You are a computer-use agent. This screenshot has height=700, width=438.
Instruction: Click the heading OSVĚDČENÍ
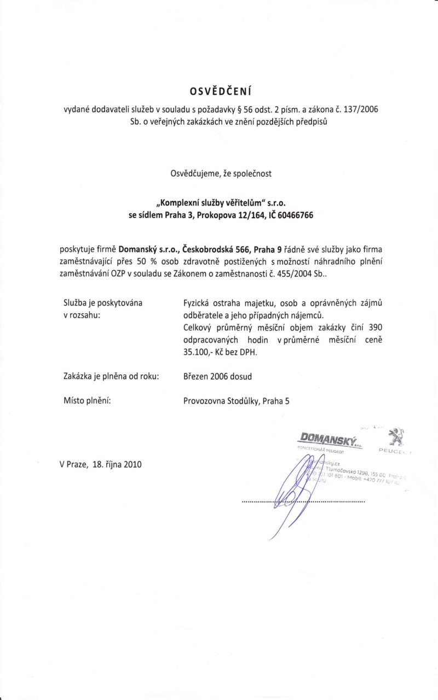(x=219, y=90)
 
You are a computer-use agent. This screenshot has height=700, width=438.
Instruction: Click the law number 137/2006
(x=359, y=109)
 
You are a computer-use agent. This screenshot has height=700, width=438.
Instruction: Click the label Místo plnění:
(x=88, y=401)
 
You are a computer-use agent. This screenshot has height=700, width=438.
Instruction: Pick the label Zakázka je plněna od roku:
(x=111, y=376)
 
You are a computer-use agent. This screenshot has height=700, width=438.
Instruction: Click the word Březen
(x=197, y=376)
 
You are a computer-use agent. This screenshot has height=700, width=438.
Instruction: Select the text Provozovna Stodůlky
(x=221, y=401)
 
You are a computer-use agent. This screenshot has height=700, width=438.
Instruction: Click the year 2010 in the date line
(x=133, y=465)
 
